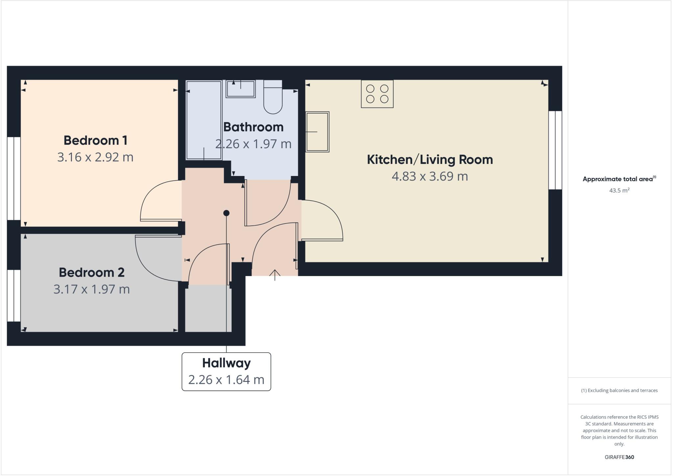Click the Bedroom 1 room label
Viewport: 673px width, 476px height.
pos(95,140)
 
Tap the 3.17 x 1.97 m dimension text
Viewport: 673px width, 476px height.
pos(92,289)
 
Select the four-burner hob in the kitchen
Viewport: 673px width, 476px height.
pos(377,94)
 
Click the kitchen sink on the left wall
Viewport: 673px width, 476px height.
pos(317,132)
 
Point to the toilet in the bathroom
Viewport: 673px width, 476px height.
pos(273,99)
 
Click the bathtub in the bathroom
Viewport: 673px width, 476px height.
pos(204,120)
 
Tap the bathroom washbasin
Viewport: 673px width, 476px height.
pos(241,89)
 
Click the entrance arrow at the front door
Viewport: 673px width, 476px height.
pos(275,275)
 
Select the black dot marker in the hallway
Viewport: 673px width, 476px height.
pos(226,213)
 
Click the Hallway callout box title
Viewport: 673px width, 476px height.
pos(226,363)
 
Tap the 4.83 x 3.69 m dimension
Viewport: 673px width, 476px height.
pos(429,176)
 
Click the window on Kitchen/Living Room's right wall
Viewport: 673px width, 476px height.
pos(555,150)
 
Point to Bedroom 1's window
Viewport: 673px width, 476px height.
pos(14,178)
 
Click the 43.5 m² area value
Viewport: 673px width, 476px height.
pos(619,190)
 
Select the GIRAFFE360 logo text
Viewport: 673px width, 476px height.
pos(619,457)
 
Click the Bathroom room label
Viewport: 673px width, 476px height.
pos(253,127)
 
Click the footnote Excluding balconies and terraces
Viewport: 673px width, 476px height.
pos(619,390)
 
